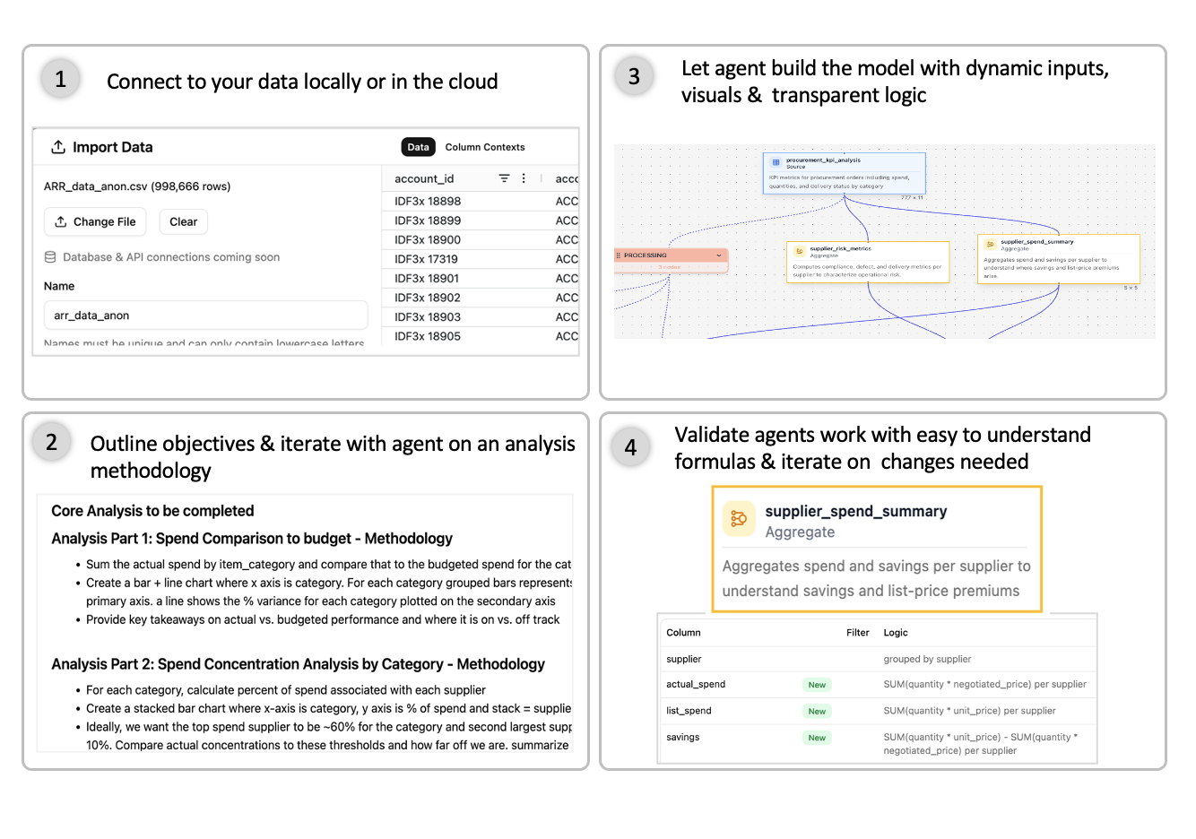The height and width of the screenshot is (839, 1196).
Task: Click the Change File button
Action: coord(95,221)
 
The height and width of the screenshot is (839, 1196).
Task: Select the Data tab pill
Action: coord(418,147)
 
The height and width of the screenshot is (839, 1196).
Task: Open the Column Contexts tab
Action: coord(484,147)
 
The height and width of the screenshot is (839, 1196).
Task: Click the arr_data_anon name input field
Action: coord(205,316)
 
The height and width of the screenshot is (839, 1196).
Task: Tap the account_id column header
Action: coord(424,178)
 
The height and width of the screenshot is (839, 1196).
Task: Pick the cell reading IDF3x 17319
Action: coord(426,259)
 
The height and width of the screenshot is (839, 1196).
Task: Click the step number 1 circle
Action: coord(60,80)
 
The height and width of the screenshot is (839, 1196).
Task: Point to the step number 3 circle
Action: coord(634,77)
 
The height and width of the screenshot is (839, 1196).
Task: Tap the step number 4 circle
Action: coord(630,447)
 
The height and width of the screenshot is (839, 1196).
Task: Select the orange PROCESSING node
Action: coord(671,255)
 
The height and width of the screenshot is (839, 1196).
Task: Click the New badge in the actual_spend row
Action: coord(817,685)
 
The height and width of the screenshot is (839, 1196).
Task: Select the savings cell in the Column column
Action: coord(683,738)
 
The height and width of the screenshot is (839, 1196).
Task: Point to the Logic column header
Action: coord(896,633)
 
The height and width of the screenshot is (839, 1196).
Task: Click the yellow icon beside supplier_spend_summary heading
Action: coord(739,518)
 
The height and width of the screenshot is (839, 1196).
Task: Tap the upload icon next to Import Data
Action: coord(58,147)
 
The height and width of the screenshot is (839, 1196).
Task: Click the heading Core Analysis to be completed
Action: coord(152,511)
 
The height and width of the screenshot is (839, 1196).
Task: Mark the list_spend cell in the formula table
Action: coord(689,711)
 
